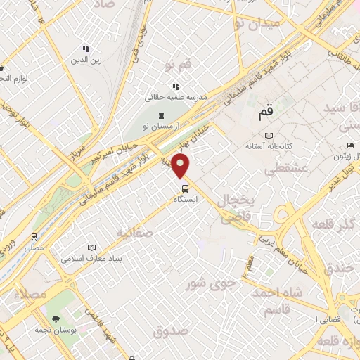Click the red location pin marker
[x=181, y=166]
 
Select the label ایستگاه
[x=186, y=200]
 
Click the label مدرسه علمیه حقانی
[x=176, y=97]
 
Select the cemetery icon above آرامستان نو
[x=160, y=115]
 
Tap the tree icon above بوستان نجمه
[x=56, y=318]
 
